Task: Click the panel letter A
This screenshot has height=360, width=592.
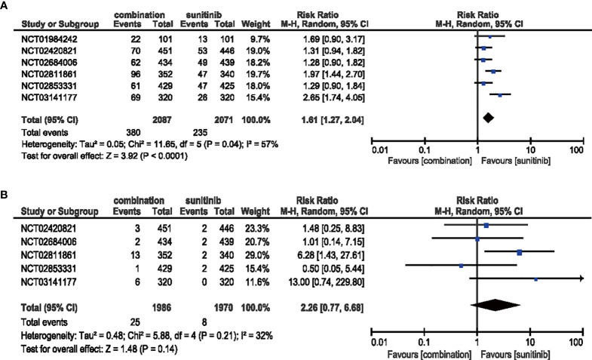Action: pos(6,6)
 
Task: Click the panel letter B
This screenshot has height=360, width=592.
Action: pos(6,192)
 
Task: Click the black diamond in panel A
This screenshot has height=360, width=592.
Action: pos(488,117)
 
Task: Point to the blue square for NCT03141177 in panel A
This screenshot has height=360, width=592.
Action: pos(500,95)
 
